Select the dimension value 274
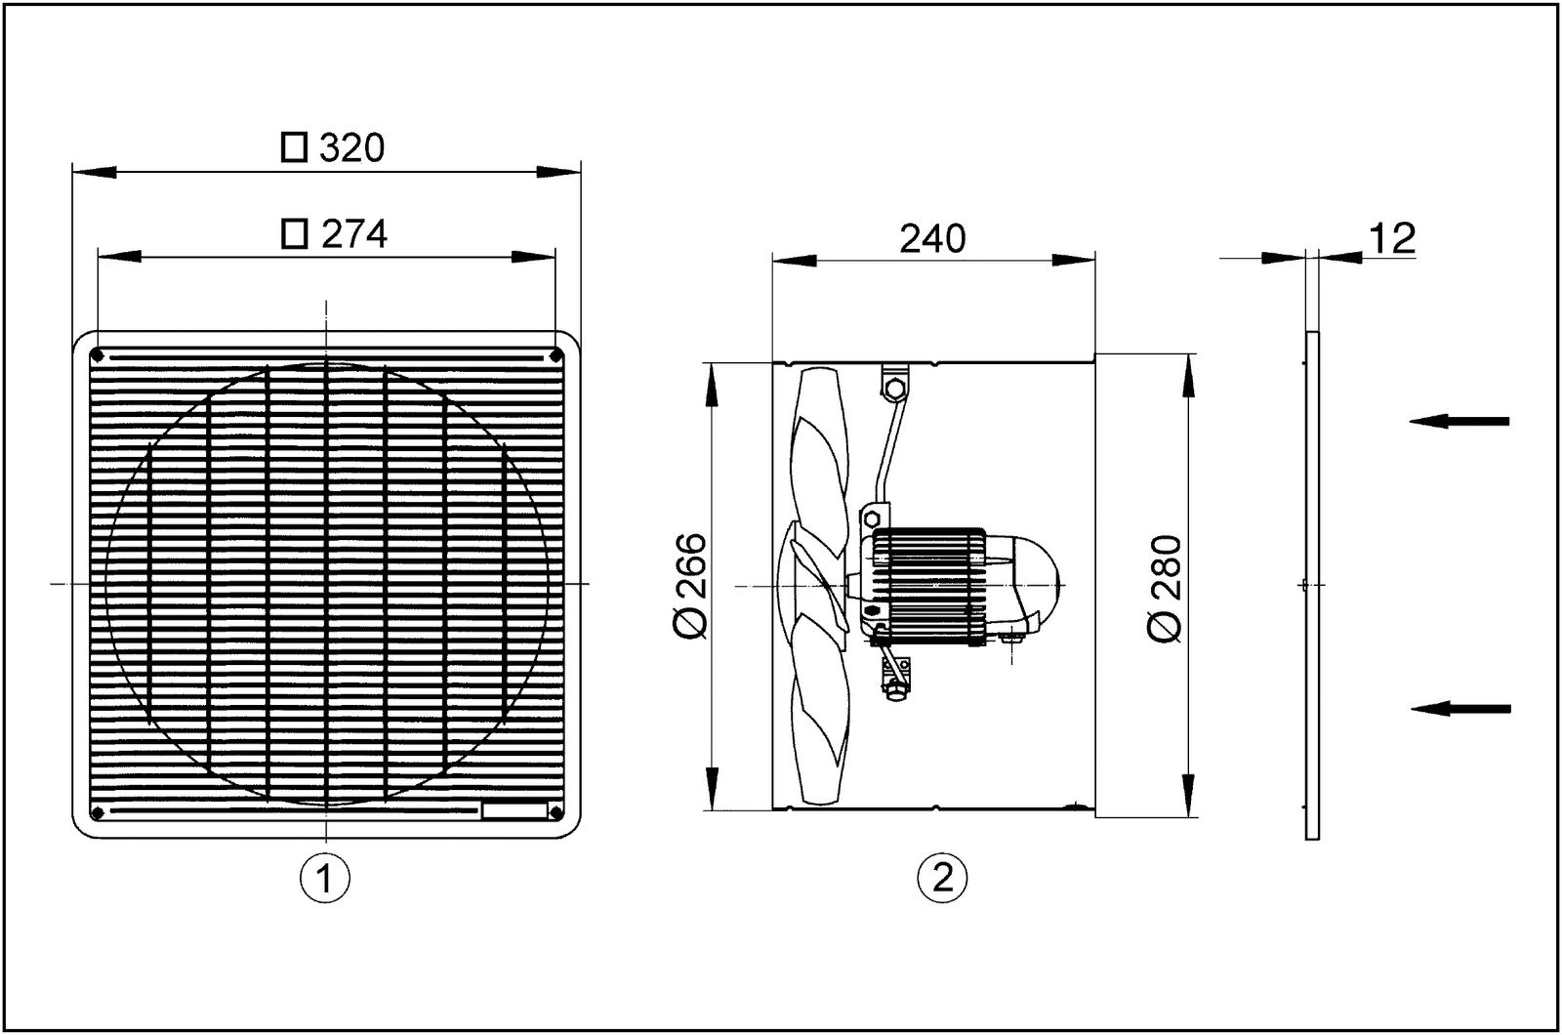click(354, 234)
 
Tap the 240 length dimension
click(932, 238)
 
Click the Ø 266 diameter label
click(690, 587)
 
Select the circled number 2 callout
click(942, 878)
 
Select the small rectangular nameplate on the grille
click(514, 808)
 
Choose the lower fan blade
click(818, 713)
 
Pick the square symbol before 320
click(294, 148)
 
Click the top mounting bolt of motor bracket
click(891, 390)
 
